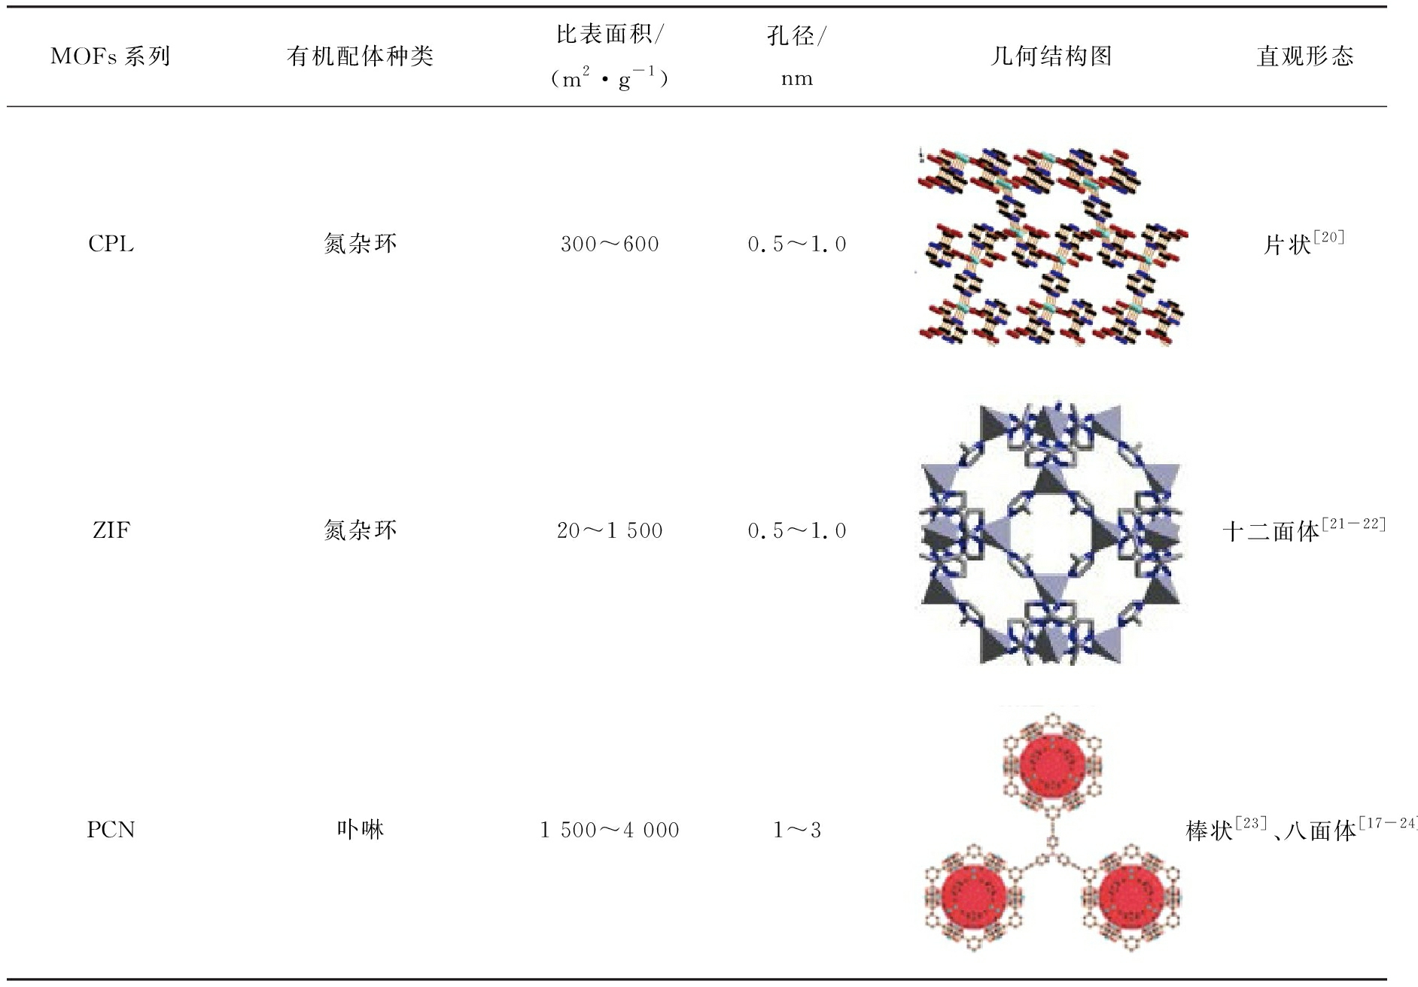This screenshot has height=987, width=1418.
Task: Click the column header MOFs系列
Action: click(x=110, y=56)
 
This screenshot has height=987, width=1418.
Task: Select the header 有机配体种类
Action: click(x=360, y=56)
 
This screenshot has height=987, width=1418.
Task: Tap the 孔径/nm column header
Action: click(x=796, y=56)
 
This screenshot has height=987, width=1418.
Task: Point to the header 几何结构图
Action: click(x=1051, y=56)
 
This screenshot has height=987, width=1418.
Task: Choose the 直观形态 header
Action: click(x=1304, y=56)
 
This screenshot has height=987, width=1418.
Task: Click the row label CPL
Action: click(x=111, y=244)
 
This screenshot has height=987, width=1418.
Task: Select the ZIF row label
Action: click(x=111, y=530)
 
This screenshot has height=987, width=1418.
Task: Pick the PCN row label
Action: click(x=111, y=830)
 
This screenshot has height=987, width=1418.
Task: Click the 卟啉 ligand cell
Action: click(x=360, y=830)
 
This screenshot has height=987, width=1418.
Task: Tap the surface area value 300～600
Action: click(x=610, y=244)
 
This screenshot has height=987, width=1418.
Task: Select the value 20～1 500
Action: click(x=610, y=530)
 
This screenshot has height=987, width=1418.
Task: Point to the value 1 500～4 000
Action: click(x=610, y=830)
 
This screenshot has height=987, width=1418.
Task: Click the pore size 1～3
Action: click(x=796, y=830)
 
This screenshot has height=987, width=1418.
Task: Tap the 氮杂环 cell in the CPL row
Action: click(x=360, y=244)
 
